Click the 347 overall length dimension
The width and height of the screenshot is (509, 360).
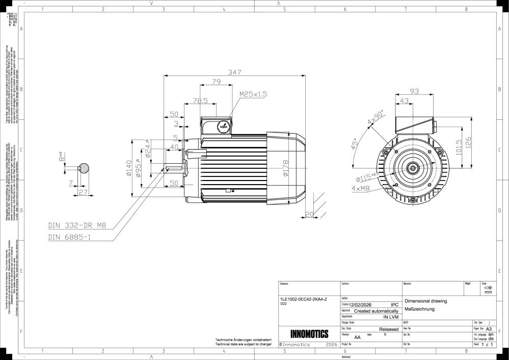(x=234, y=72)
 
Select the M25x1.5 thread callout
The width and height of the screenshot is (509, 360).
(x=253, y=94)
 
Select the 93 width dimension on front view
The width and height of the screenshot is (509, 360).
(x=414, y=91)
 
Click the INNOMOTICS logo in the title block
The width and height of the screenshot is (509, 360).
(x=309, y=335)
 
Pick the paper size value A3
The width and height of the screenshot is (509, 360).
(x=489, y=329)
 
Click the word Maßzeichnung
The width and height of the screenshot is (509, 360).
(x=418, y=309)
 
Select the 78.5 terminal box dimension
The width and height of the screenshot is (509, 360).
(x=200, y=101)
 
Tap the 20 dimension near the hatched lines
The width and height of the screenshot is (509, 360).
(x=309, y=214)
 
